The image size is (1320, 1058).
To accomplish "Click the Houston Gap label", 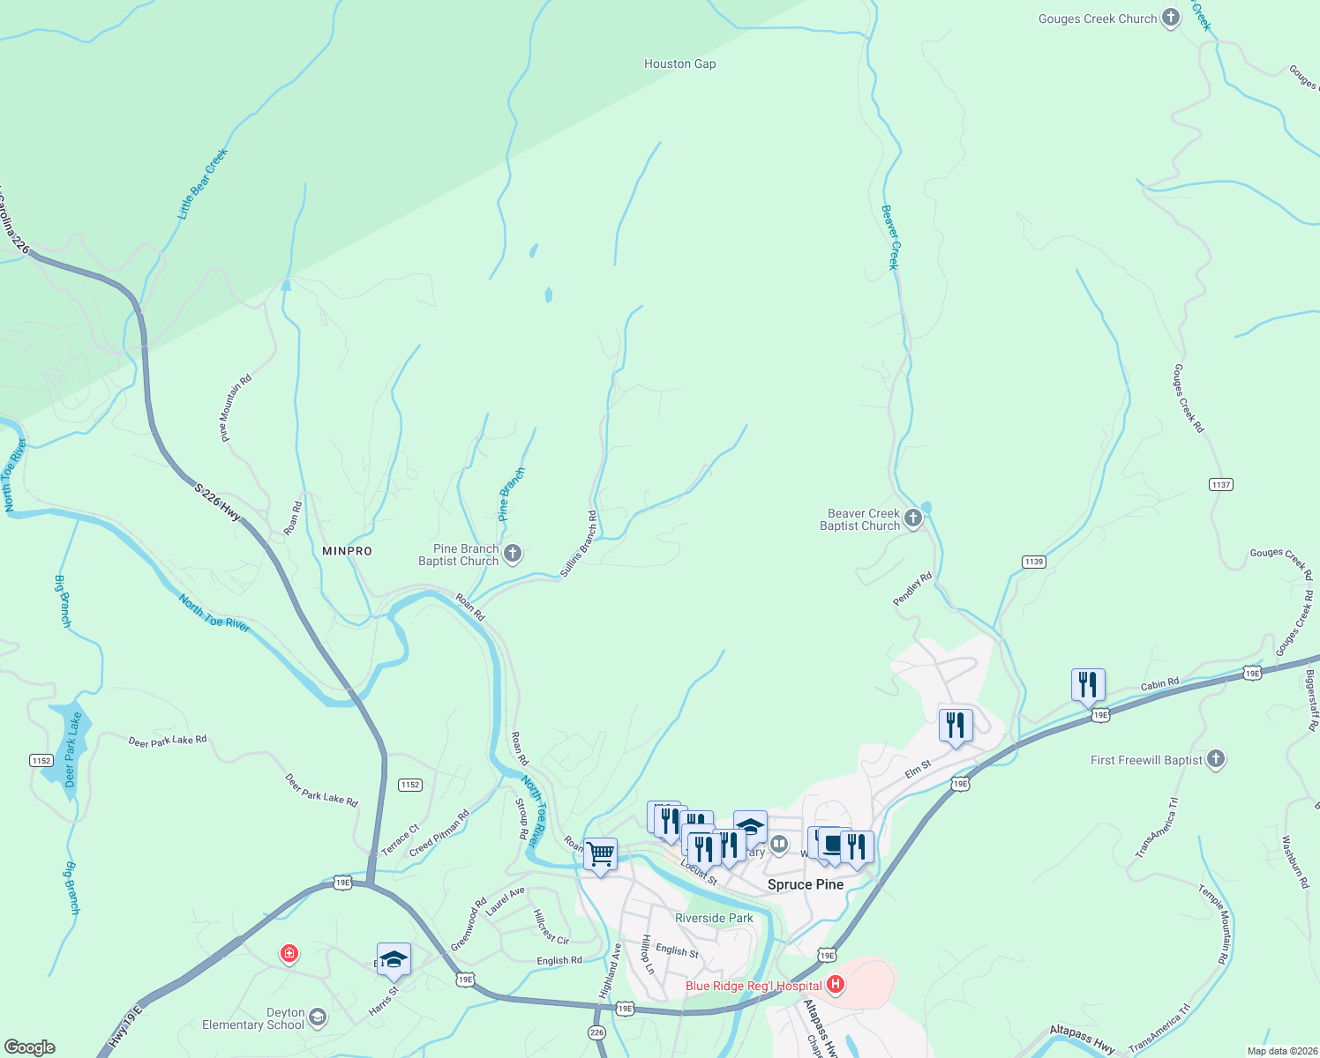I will (x=679, y=63).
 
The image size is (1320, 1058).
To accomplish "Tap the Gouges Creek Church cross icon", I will (x=1170, y=18).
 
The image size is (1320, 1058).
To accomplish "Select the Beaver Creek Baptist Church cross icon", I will (x=913, y=518).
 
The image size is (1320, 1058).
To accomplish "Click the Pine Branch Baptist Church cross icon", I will (x=513, y=554).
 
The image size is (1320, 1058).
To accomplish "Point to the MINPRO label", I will (x=347, y=551).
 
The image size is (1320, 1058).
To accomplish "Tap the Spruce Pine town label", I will (x=805, y=884).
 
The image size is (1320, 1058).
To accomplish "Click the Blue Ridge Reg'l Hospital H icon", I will (x=835, y=984).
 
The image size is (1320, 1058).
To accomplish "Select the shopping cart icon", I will (x=600, y=853).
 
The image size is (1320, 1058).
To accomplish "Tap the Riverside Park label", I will (x=714, y=918).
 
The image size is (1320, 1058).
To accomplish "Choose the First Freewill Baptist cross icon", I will (x=1215, y=759).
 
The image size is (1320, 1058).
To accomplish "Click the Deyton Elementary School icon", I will (x=318, y=1017).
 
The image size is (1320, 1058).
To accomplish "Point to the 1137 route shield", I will (x=1221, y=485).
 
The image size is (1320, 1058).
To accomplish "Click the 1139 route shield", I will (x=1033, y=562).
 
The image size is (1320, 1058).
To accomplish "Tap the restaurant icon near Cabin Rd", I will (x=1088, y=684).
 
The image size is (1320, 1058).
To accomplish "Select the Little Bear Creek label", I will (x=203, y=183).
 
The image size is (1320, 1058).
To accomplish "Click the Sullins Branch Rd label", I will (x=579, y=545).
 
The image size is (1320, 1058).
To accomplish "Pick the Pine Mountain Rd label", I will (x=236, y=407).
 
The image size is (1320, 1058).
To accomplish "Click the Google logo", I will (x=30, y=1047).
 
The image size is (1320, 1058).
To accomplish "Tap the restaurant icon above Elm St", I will (x=955, y=726).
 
